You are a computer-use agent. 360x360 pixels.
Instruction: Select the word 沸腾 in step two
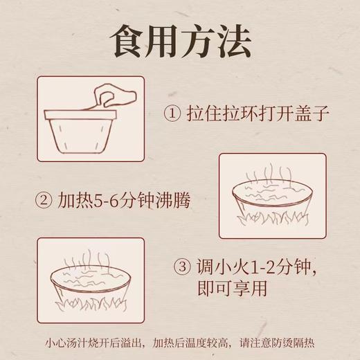[171, 201]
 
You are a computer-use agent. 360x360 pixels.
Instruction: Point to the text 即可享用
[229, 287]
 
